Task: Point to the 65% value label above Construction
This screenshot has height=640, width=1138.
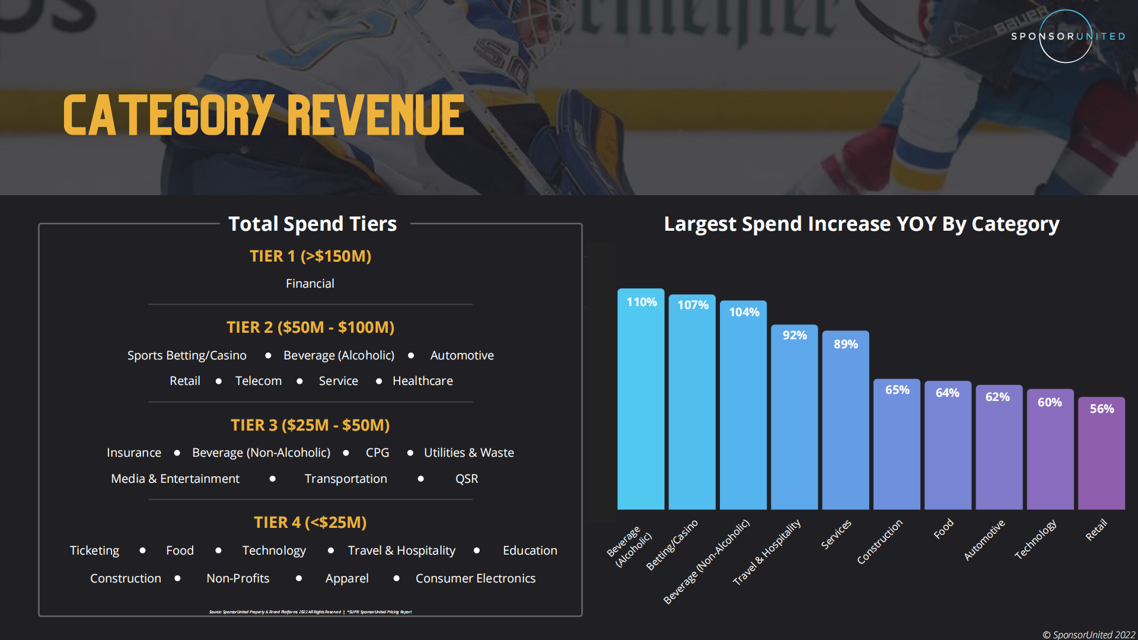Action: pyautogui.click(x=897, y=390)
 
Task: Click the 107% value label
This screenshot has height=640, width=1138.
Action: pyautogui.click(x=692, y=305)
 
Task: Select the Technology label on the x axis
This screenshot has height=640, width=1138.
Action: pyautogui.click(x=1035, y=539)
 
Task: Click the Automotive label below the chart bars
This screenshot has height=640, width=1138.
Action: pyautogui.click(x=984, y=539)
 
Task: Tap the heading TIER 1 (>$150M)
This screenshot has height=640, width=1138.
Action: pyautogui.click(x=310, y=256)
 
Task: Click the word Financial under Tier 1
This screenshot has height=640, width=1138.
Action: pyautogui.click(x=310, y=284)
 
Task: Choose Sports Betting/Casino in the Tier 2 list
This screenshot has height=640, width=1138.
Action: pyautogui.click(x=187, y=355)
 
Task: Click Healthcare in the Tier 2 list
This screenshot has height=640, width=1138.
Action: pyautogui.click(x=422, y=381)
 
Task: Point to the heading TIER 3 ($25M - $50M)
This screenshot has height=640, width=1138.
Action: pyautogui.click(x=310, y=425)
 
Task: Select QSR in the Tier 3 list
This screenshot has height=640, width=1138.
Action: pyautogui.click(x=466, y=479)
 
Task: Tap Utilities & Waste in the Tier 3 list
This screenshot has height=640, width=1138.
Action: pyautogui.click(x=468, y=453)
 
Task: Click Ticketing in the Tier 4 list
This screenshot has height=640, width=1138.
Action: pyautogui.click(x=94, y=550)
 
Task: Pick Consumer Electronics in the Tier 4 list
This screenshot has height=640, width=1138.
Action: pyautogui.click(x=475, y=578)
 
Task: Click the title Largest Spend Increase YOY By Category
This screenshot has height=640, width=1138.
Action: pyautogui.click(x=861, y=224)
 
